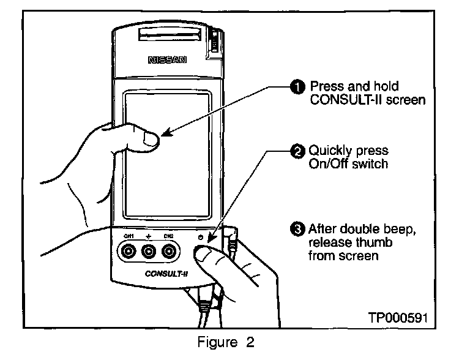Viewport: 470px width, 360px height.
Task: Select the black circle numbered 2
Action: click(x=297, y=150)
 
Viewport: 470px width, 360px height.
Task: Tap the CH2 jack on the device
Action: click(x=169, y=251)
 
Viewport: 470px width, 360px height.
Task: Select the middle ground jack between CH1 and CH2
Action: click(x=149, y=251)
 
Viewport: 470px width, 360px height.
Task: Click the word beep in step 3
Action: click(x=399, y=230)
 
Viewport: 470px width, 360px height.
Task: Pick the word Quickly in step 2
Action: click(x=330, y=151)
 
